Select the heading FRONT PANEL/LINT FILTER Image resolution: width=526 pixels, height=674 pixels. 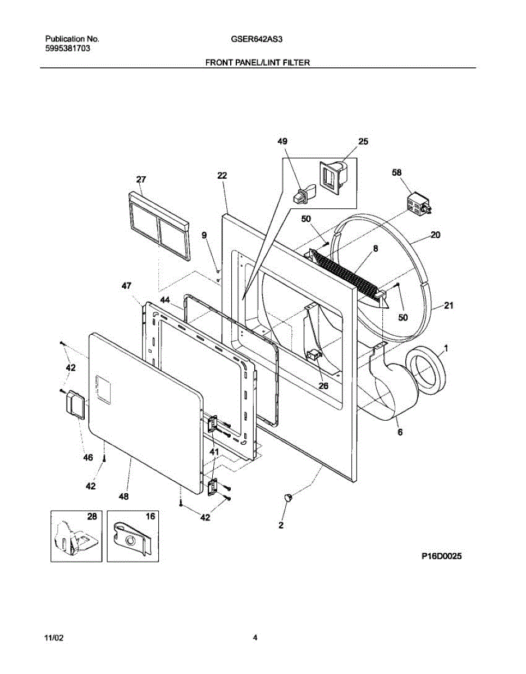pos(258,63)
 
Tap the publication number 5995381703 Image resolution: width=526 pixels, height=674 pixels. pos(67,48)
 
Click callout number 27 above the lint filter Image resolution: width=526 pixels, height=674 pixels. pos(141,179)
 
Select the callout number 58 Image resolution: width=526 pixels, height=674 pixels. pos(396,174)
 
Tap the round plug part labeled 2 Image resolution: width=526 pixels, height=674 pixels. pos(288,497)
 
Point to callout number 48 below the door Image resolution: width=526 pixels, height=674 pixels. pos(124,497)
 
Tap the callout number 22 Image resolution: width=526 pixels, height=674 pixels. pos(222,175)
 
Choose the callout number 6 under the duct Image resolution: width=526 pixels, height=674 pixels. pos(399,432)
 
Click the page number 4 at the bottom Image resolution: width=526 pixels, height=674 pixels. pos(255,637)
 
